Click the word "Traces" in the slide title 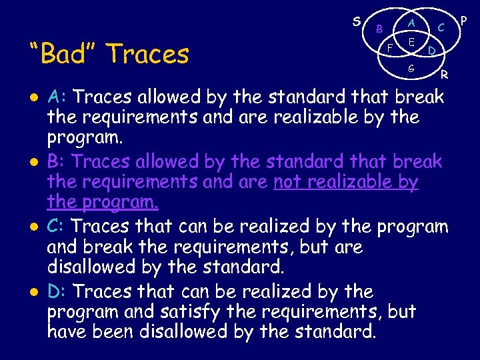(147, 54)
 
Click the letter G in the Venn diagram (411, 68)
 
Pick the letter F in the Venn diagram (391, 48)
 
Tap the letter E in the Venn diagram (412, 41)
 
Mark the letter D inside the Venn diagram (432, 50)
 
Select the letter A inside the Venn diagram (412, 22)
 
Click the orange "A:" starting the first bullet (57, 97)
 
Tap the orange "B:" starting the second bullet (57, 162)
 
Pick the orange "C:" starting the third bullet (57, 227)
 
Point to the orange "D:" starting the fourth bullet (57, 291)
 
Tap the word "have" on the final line (69, 331)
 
